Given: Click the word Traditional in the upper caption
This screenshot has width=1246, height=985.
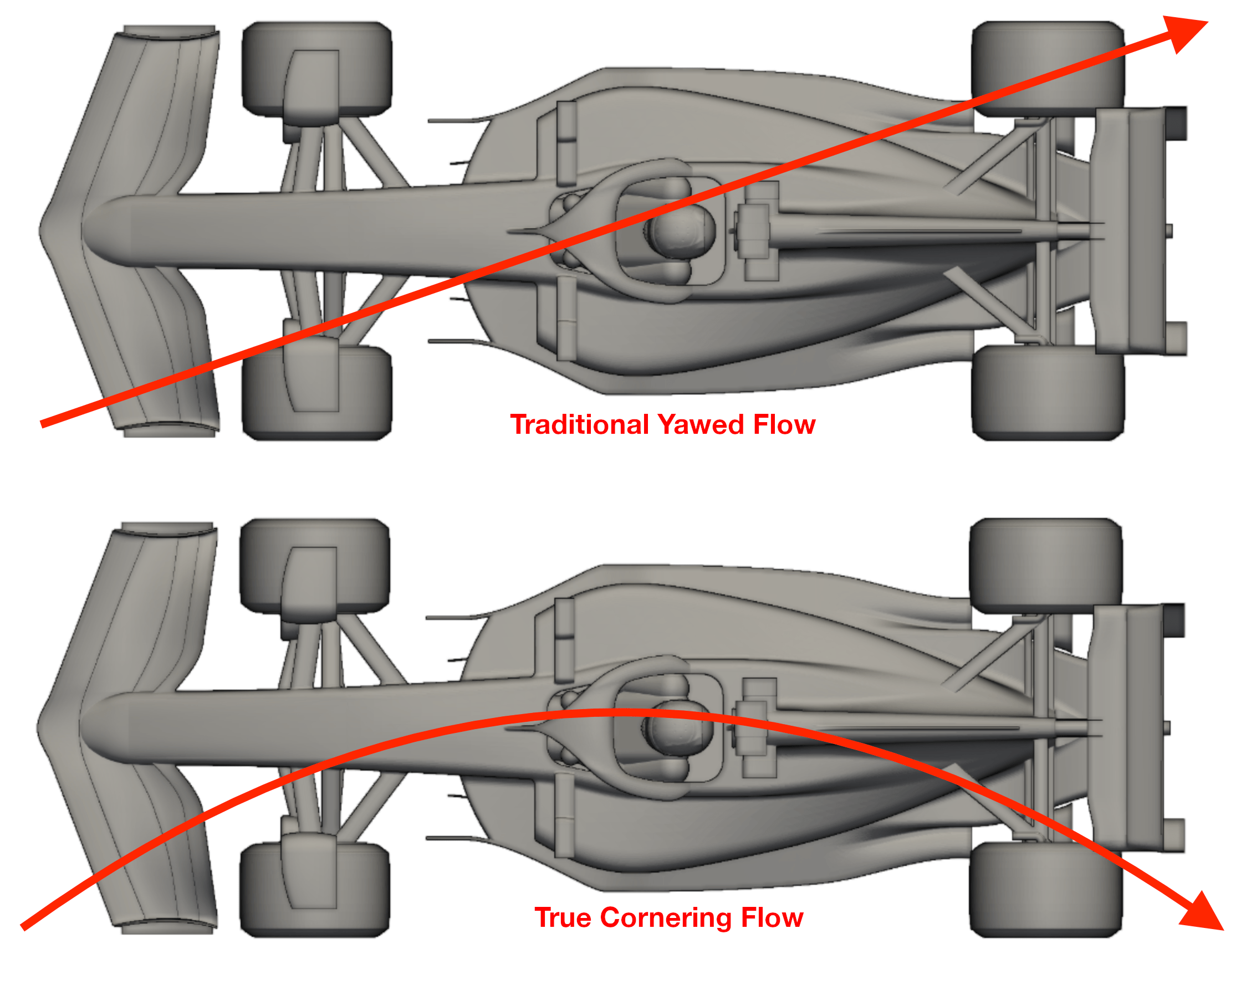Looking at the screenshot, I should click(580, 425).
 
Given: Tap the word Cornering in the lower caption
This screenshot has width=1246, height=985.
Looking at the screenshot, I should click(666, 917).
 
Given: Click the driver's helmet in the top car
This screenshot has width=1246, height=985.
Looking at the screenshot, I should click(681, 230).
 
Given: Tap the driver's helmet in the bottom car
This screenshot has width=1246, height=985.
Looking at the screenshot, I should click(679, 729).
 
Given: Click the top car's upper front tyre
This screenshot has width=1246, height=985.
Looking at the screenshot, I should click(316, 68).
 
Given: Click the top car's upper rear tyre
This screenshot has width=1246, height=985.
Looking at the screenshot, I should click(1047, 68).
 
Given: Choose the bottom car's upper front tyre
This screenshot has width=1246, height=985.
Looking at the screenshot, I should click(314, 565).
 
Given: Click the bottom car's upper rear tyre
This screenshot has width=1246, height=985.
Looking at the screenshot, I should click(1045, 565).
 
